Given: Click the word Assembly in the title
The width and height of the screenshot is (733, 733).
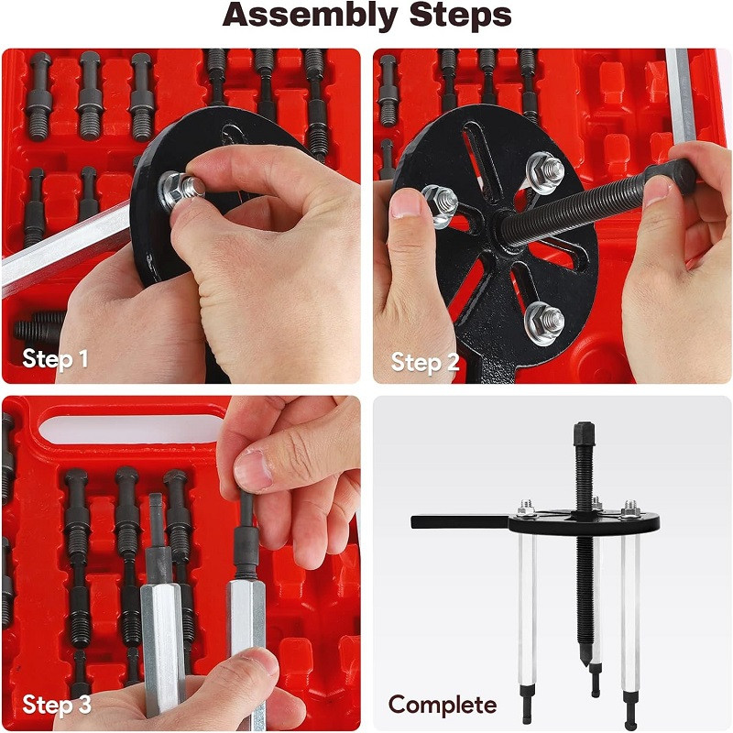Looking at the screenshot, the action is (x=310, y=16).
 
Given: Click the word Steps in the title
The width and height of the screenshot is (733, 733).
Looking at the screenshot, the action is (x=461, y=15).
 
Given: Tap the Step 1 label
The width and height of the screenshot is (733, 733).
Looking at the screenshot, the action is (x=55, y=359).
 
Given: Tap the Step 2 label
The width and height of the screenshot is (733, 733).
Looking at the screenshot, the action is (x=425, y=362).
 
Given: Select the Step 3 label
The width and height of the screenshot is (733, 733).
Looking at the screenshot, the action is (x=57, y=704).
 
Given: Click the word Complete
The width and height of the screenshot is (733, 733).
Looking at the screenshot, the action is (x=443, y=706).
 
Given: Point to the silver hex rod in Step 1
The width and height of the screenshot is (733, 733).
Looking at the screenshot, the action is (x=65, y=247).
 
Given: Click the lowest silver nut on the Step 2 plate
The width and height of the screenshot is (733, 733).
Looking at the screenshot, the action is (x=544, y=323).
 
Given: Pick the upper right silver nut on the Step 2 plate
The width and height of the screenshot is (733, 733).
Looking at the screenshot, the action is (x=545, y=172).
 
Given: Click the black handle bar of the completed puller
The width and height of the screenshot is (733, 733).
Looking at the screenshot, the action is (x=461, y=521).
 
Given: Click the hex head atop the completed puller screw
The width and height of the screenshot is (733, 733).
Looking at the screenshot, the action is (x=584, y=433).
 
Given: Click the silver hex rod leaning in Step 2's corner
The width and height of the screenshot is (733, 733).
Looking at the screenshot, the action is (x=681, y=97).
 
